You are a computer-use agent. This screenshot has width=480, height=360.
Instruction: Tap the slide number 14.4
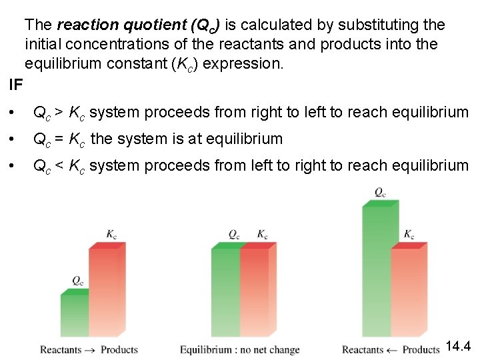pos(458,346)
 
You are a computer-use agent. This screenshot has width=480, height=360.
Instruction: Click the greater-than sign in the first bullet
pos(59,112)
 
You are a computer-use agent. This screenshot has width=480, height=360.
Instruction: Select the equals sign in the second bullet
pos(59,139)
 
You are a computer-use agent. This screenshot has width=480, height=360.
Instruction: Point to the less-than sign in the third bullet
pos(59,166)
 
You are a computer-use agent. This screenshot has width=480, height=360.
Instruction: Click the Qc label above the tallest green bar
pos(379,192)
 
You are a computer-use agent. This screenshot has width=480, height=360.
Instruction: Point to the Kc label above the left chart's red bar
pos(111,234)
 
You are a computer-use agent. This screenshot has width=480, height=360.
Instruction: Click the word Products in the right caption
pos(421,349)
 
